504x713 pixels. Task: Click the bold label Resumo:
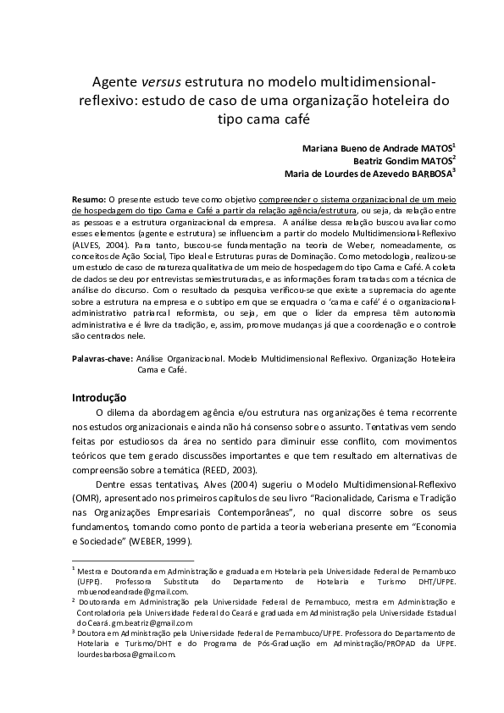tap(89, 196)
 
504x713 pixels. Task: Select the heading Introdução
tap(99, 397)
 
